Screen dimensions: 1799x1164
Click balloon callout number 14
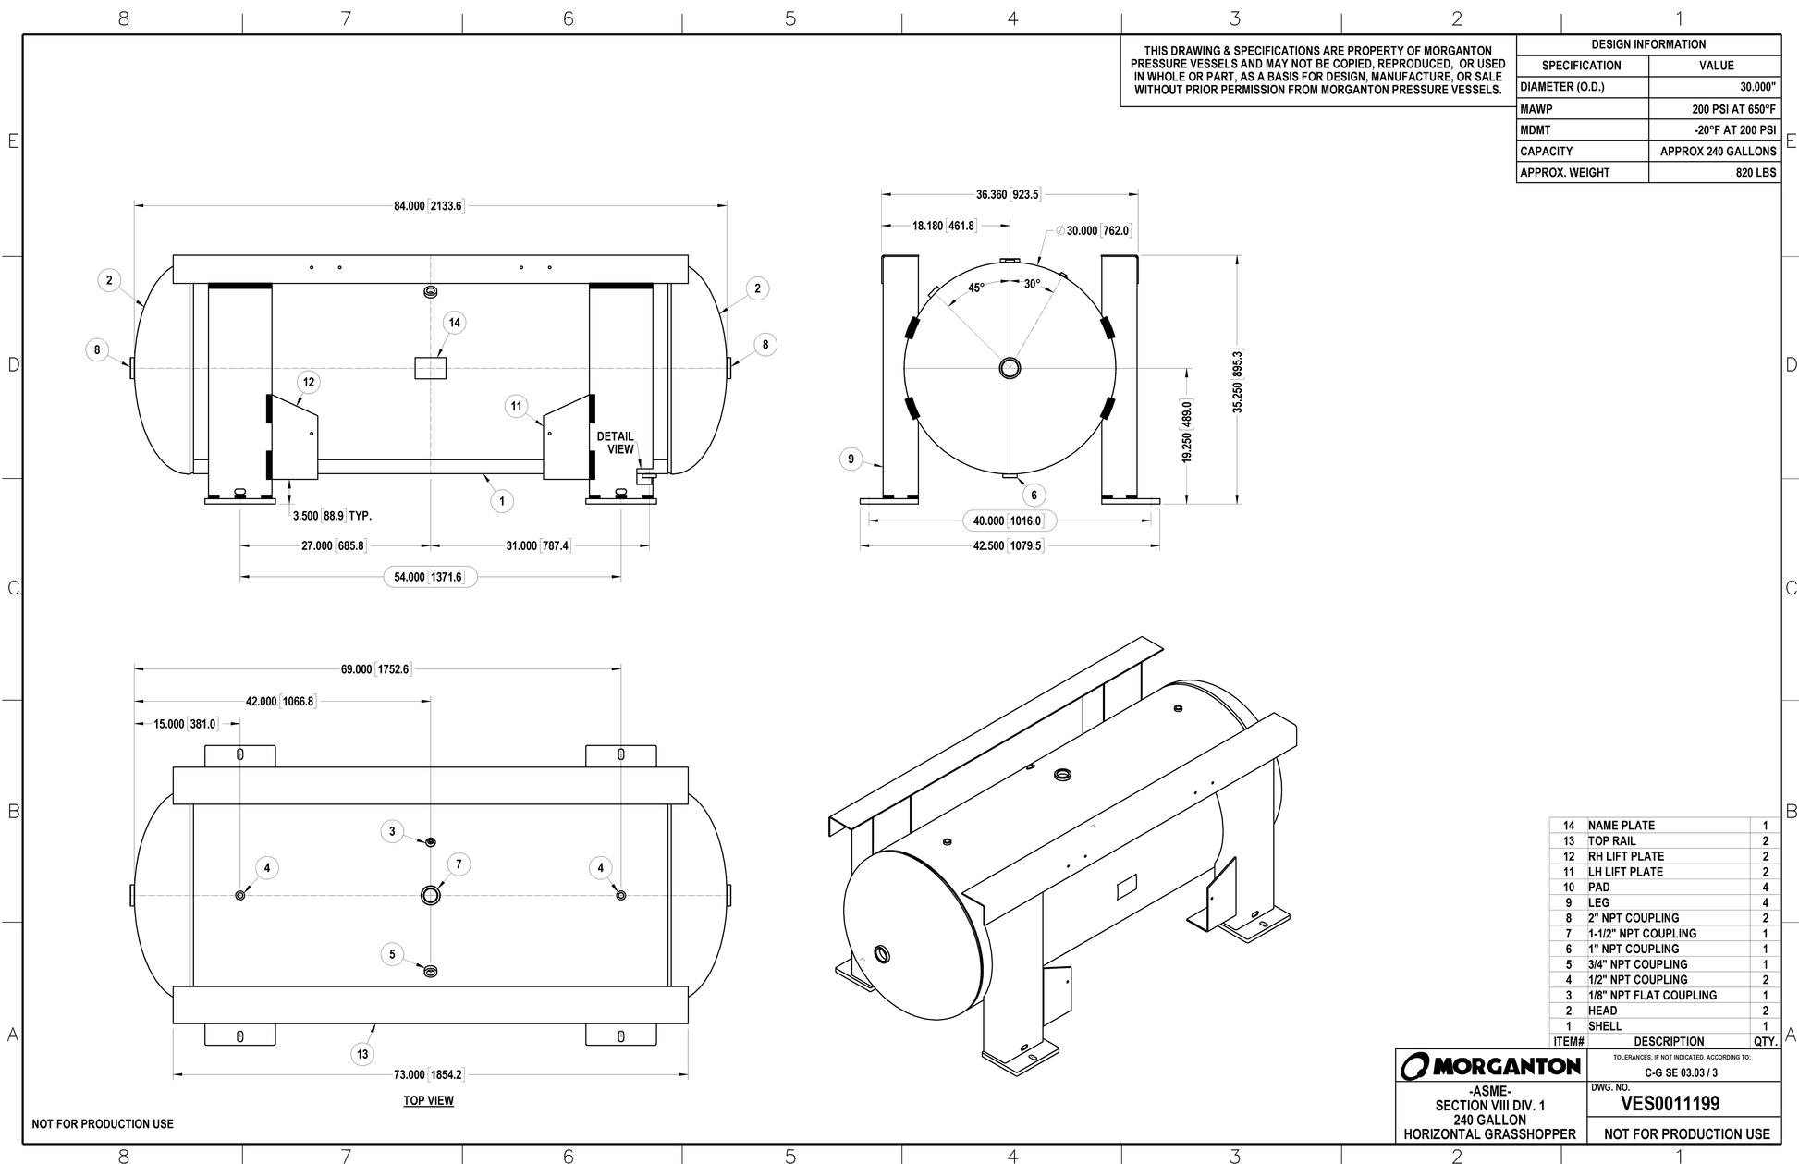click(454, 323)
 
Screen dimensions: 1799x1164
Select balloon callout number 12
click(309, 382)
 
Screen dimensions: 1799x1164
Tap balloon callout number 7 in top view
click(459, 864)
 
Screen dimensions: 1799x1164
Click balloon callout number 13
click(362, 1054)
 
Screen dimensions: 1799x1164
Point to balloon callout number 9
click(851, 459)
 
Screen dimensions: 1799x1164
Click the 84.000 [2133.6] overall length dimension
click(428, 206)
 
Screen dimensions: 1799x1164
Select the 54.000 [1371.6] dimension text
click(431, 577)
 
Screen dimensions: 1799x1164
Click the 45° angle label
click(976, 288)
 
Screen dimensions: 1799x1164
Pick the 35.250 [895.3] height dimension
click(1238, 380)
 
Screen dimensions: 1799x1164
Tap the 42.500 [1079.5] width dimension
click(1008, 546)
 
